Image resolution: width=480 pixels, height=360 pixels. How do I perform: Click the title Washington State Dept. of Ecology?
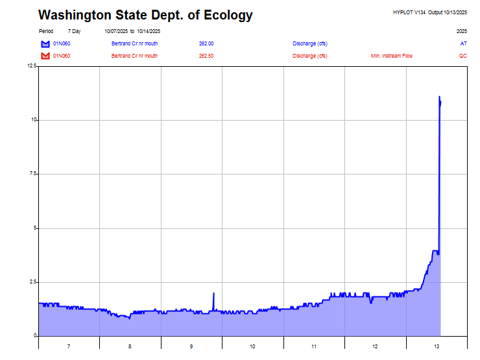pos(145,15)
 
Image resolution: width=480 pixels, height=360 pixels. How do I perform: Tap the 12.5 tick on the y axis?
pos(31,66)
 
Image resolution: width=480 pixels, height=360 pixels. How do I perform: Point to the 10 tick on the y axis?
pos(33,120)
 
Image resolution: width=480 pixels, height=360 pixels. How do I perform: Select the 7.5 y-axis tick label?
pos(32,174)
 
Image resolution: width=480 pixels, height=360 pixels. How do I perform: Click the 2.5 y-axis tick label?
pos(32,282)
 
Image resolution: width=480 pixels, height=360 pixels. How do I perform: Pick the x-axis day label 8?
pos(130,347)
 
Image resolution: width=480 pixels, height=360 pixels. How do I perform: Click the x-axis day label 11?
pos(314,347)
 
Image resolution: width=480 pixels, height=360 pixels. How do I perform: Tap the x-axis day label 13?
pos(437,347)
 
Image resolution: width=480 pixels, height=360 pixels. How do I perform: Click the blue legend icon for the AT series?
pos(45,43)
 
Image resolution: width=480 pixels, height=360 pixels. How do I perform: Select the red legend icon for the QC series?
pos(45,56)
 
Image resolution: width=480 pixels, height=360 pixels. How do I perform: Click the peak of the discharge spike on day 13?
pos(439,97)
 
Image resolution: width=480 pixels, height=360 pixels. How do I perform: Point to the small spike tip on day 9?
pos(213,293)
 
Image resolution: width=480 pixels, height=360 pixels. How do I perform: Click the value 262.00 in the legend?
pos(206,43)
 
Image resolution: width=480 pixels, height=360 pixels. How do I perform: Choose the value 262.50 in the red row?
pos(206,56)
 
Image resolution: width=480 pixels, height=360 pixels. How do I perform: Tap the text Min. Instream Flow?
pos(391,56)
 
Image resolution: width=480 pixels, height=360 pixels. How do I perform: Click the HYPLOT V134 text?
pos(409,12)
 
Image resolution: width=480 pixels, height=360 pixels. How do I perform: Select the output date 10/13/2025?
pos(455,12)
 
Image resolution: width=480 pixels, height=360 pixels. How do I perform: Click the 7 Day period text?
pos(75,31)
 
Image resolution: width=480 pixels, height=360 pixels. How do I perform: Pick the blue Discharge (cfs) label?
pos(309,43)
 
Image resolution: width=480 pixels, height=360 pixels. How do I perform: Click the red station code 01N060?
pos(62,56)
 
